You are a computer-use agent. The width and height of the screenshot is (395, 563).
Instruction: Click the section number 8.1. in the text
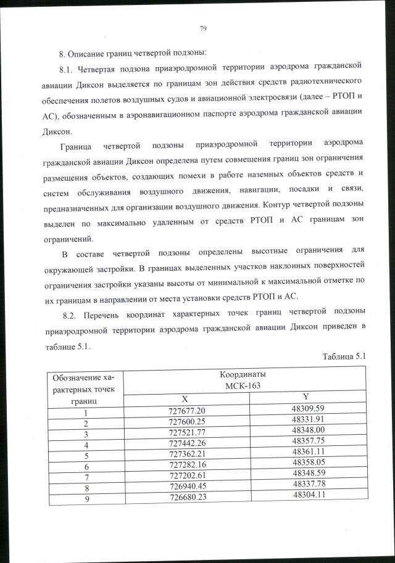[67, 65]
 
